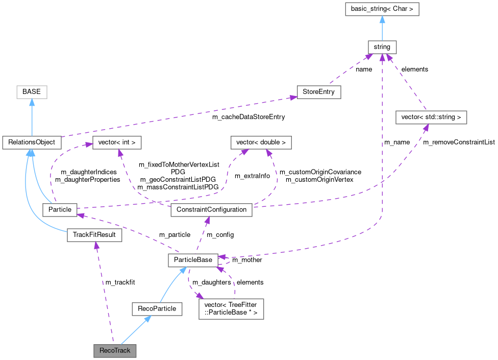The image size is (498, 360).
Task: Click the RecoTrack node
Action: click(115, 351)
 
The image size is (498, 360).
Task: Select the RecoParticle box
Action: click(157, 308)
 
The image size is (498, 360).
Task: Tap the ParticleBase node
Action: click(193, 260)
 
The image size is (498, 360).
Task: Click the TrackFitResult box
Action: click(94, 235)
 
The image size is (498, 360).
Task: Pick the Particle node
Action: click(59, 209)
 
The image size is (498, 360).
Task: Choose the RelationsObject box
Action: click(32, 142)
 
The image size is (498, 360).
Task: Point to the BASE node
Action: click(32, 92)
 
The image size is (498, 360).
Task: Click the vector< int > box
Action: click(116, 142)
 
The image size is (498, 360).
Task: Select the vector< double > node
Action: click(261, 142)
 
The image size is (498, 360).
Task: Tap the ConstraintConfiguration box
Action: click(211, 209)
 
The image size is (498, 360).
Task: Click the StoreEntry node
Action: click(319, 92)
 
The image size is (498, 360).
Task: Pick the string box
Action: click(382, 47)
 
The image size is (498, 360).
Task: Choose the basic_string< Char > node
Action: click(382, 9)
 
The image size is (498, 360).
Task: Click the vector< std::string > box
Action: click(431, 117)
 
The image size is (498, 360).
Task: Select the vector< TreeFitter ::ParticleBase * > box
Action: click(231, 308)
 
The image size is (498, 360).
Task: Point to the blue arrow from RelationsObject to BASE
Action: click(32, 117)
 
